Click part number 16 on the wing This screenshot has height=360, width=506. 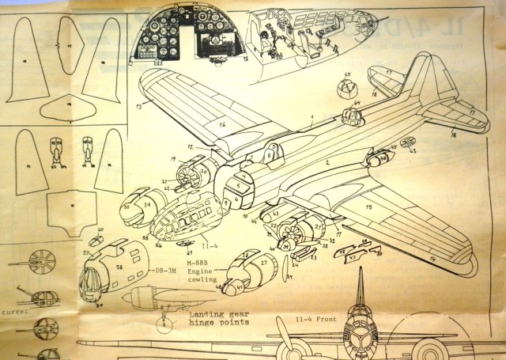223,125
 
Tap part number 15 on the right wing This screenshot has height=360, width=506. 368,207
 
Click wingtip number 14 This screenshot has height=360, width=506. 432,259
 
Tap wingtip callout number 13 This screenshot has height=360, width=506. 138,105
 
